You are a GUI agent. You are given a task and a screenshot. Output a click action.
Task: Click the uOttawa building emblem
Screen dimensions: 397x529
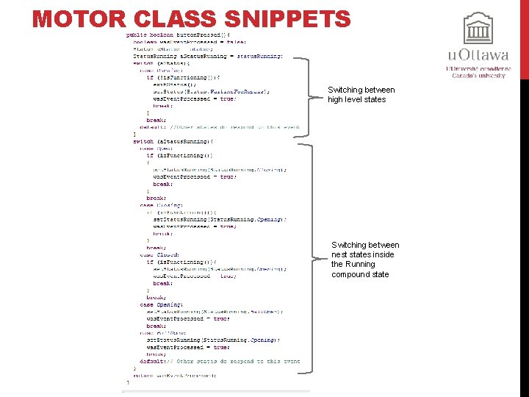tap(478, 29)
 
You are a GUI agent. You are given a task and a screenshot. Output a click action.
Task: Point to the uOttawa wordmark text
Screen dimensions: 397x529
tap(478, 56)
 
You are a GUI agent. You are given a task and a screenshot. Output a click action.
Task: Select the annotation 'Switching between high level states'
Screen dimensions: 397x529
tap(361, 95)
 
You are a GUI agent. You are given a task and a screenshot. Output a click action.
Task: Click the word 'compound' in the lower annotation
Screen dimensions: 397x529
tap(352, 274)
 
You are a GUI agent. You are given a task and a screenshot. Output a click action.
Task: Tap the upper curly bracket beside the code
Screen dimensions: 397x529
tap(305, 96)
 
